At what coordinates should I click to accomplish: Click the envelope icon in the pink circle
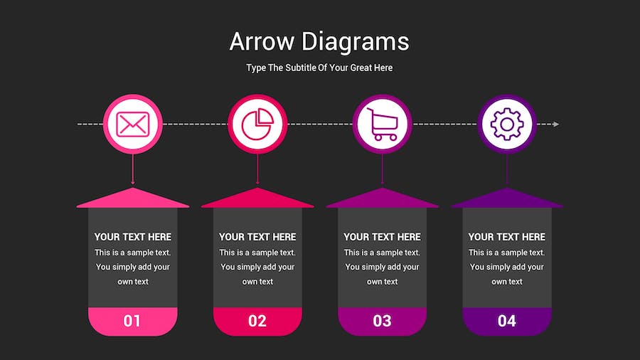(133, 124)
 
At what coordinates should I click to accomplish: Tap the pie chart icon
(257, 124)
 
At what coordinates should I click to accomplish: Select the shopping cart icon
(383, 124)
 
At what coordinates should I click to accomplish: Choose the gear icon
(507, 124)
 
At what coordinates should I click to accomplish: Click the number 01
(132, 321)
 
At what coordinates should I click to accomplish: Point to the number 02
(257, 321)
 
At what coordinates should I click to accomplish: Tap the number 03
(382, 321)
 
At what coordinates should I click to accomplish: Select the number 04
(507, 321)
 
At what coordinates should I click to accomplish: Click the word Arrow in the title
(262, 42)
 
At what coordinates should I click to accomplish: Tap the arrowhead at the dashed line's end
(556, 124)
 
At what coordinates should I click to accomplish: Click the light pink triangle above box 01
(133, 200)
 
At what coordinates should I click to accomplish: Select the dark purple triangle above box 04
(507, 200)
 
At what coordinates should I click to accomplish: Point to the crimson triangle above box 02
(257, 200)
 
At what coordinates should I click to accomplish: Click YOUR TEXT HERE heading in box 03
(382, 237)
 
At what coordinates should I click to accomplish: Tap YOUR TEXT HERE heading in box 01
(133, 237)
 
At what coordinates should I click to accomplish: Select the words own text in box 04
(507, 282)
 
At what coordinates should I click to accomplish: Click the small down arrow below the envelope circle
(133, 169)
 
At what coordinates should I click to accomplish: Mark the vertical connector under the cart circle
(382, 169)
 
